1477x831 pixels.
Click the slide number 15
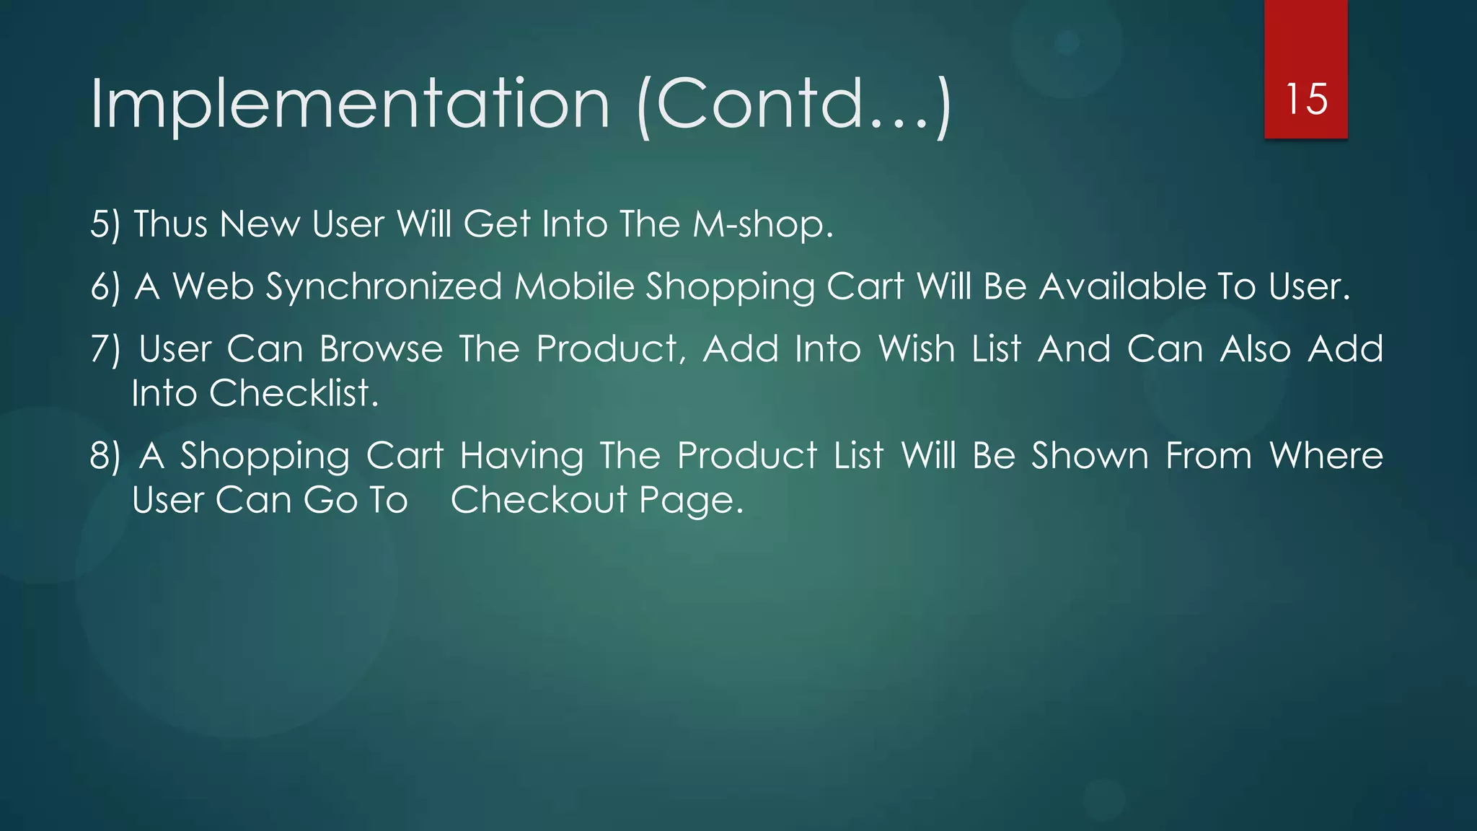[x=1306, y=99]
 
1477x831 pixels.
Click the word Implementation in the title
[x=350, y=105]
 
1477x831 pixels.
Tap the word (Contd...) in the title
[x=794, y=106]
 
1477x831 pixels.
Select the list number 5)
[x=105, y=224]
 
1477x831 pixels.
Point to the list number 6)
[x=105, y=287]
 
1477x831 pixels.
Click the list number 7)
[x=105, y=350]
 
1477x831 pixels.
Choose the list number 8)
[x=105, y=457]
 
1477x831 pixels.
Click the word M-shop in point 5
[x=762, y=224]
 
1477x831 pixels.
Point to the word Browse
[x=381, y=350]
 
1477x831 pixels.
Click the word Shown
[x=1090, y=457]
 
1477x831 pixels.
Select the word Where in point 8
[x=1326, y=457]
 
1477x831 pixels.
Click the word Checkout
[x=539, y=501]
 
